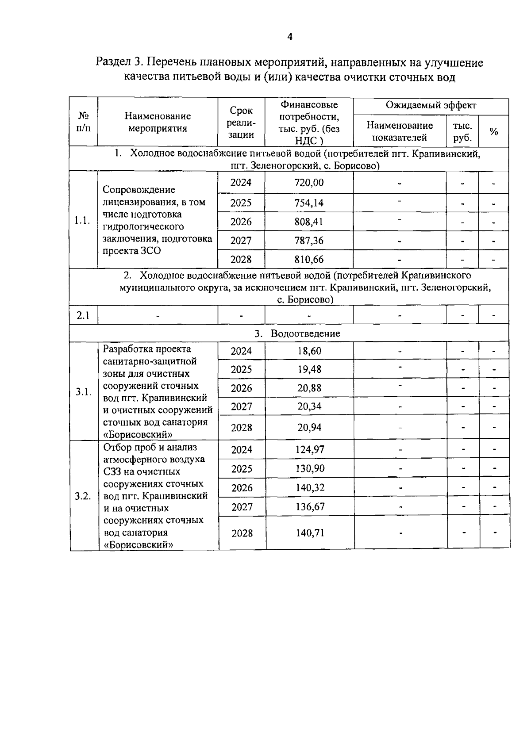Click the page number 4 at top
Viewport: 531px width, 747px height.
(289, 37)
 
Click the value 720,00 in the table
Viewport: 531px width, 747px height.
(309, 183)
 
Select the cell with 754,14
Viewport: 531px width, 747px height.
(309, 203)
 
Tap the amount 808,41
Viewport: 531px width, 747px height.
(309, 222)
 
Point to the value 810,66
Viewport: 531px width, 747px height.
(309, 259)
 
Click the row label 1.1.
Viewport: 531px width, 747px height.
(83, 220)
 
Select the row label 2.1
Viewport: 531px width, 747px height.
(83, 316)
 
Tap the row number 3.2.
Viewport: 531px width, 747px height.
(83, 496)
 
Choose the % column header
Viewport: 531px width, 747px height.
(493, 132)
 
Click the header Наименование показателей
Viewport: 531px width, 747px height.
(400, 131)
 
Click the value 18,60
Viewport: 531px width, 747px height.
(309, 351)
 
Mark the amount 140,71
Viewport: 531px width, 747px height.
(310, 532)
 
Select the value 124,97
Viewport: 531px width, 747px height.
(310, 450)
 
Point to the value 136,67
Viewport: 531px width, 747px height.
(310, 506)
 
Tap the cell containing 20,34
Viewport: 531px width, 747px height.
(309, 406)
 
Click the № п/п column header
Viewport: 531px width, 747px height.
(83, 122)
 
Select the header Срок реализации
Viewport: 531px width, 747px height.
(241, 123)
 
